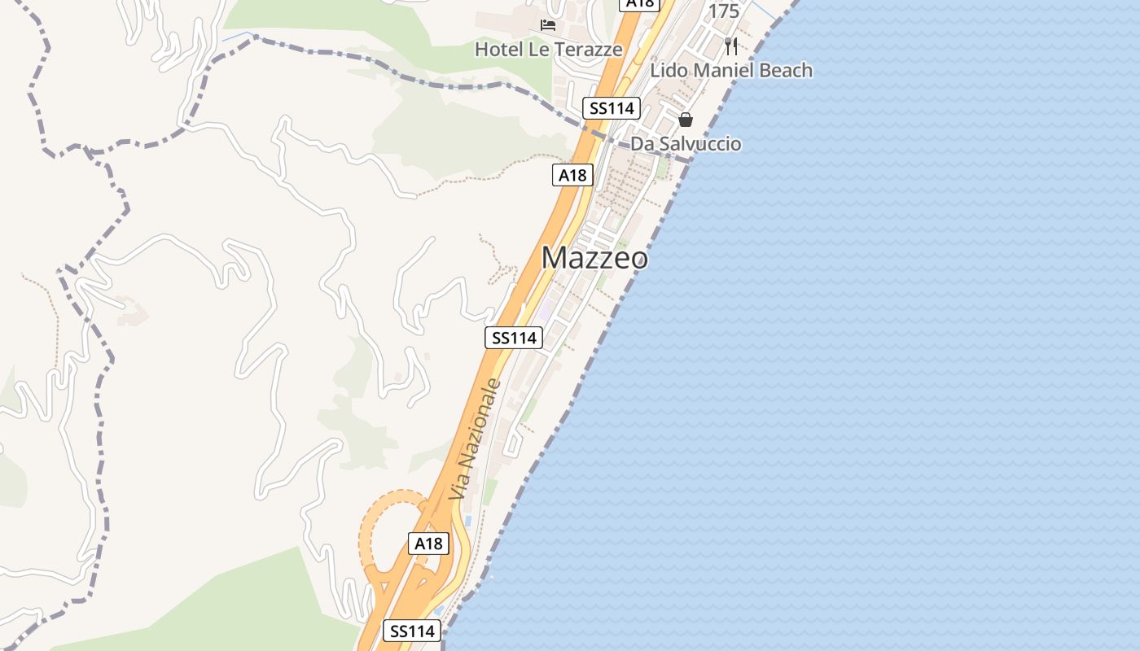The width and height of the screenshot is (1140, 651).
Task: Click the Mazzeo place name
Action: pos(594,258)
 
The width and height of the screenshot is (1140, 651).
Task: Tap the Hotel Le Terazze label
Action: pos(548,50)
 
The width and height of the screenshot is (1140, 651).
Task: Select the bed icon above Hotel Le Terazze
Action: pos(548,25)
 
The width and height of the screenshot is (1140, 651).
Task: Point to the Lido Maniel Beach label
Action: pos(730,71)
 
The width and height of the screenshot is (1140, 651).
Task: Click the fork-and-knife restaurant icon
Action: pos(730,46)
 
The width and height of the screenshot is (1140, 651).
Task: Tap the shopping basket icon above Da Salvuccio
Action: pos(686,120)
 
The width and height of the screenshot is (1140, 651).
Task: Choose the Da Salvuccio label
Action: pos(686,144)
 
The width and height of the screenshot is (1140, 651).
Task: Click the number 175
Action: pos(724,11)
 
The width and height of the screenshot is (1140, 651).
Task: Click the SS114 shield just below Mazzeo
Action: pos(514,338)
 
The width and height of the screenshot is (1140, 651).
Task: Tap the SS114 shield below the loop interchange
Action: pos(412,631)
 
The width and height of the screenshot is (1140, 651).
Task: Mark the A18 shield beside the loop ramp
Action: pos(428,544)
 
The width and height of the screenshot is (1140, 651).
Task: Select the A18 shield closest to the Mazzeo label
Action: pos(572,175)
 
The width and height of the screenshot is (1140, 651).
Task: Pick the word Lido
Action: pos(667,71)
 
